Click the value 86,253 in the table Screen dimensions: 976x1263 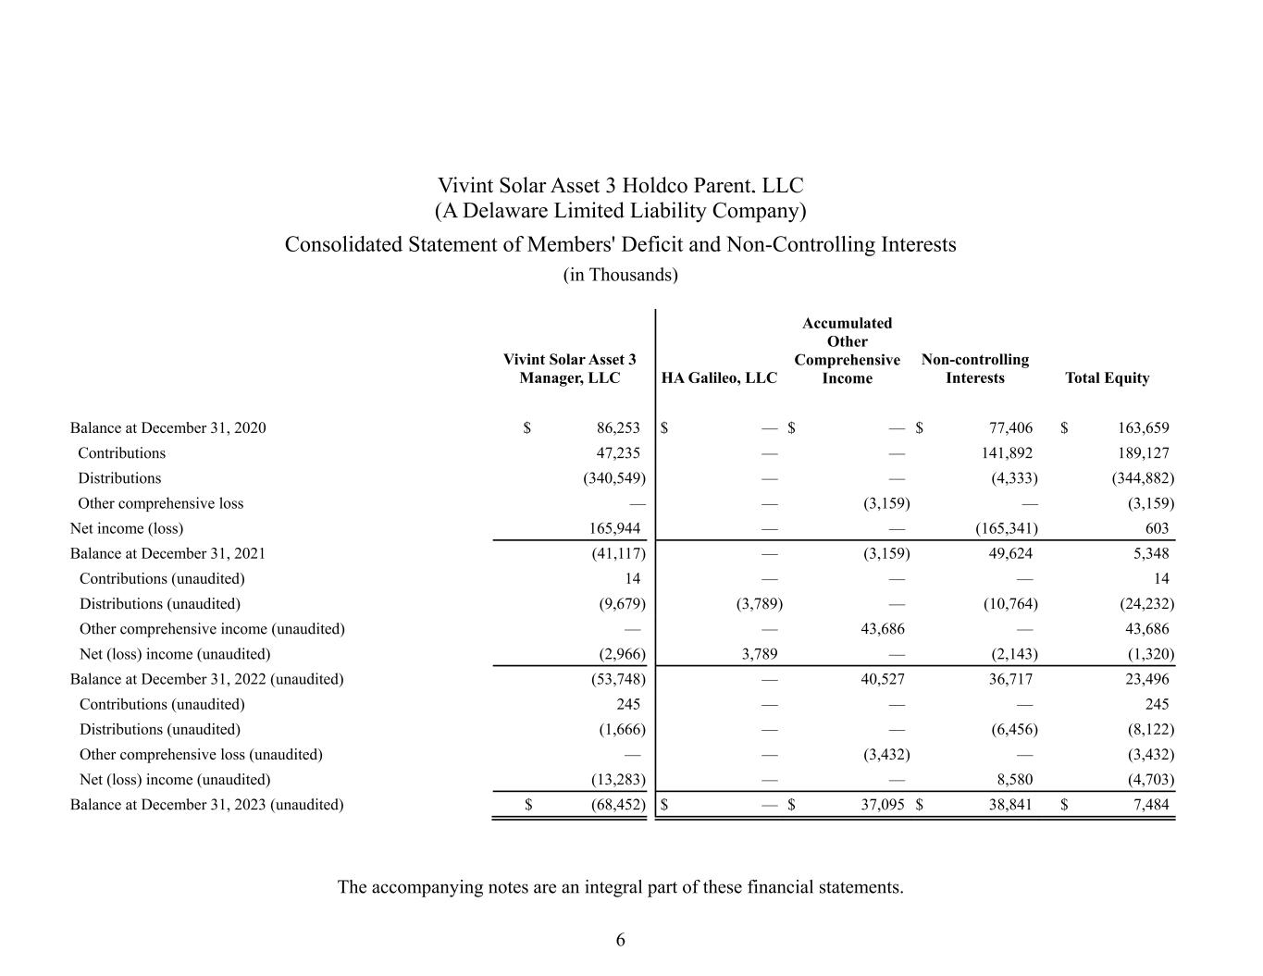click(x=618, y=427)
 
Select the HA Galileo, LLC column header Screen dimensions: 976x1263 click(x=720, y=377)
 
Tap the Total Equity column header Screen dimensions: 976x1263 click(x=1107, y=377)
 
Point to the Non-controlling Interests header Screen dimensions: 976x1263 click(x=975, y=368)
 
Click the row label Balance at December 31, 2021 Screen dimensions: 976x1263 click(x=167, y=553)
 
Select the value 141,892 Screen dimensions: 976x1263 click(x=1007, y=453)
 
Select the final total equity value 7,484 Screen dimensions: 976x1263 click(x=1150, y=805)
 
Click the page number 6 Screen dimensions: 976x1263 click(x=620, y=940)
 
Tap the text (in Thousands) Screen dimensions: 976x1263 click(x=620, y=275)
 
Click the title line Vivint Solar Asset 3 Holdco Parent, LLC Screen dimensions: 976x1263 click(x=620, y=186)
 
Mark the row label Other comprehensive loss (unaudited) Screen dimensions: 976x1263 click(x=201, y=754)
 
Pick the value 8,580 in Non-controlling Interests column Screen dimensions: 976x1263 click(x=1014, y=780)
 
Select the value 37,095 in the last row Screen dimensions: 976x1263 click(x=883, y=805)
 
